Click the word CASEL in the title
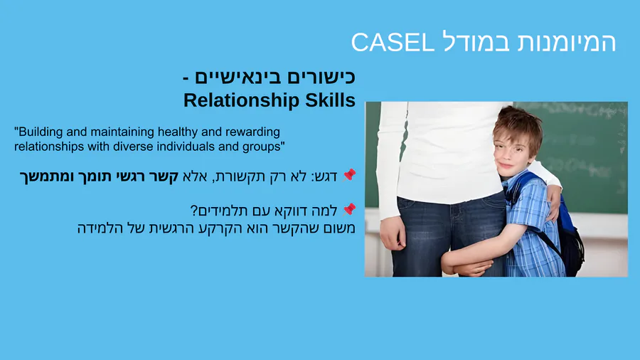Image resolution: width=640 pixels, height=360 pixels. click(393, 42)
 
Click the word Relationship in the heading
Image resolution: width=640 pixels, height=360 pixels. click(242, 100)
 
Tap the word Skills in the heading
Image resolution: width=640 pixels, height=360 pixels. click(330, 100)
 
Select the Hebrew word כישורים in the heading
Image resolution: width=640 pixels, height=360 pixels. click(310, 77)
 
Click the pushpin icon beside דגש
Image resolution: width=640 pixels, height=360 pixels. click(349, 175)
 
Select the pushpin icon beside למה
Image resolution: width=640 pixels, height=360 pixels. click(349, 209)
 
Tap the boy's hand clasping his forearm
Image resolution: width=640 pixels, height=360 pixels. click(465, 265)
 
